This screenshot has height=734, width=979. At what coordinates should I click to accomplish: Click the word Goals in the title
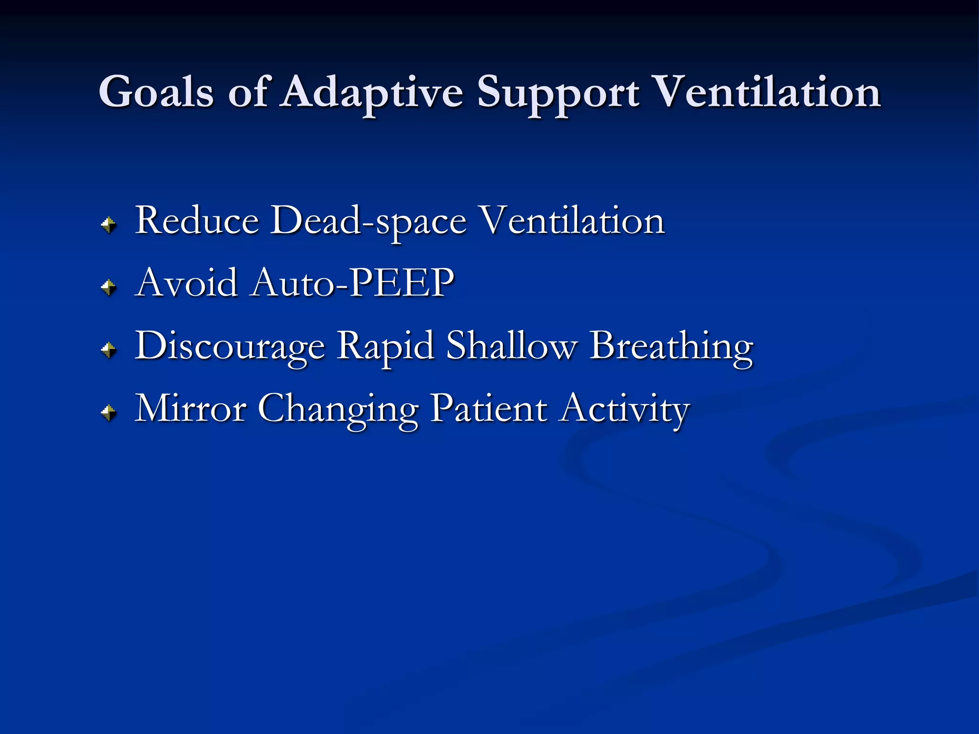tap(156, 92)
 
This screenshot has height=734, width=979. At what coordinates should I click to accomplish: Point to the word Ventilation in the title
tap(767, 92)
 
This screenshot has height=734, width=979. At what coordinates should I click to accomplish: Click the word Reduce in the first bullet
tap(197, 220)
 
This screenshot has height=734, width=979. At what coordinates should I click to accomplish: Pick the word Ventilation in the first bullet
tap(572, 220)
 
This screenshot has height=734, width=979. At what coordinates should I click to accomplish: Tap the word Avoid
tap(186, 282)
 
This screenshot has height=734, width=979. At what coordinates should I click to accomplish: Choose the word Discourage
tap(230, 346)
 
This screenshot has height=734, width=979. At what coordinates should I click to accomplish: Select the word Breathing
tap(671, 346)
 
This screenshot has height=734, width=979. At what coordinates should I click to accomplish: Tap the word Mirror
tap(190, 409)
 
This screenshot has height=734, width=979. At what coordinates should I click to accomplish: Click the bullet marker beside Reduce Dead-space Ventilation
tap(109, 225)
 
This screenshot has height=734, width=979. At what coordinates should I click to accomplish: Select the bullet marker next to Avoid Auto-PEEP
tap(109, 287)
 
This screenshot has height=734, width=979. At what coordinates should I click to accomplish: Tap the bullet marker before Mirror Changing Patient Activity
tap(109, 412)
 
